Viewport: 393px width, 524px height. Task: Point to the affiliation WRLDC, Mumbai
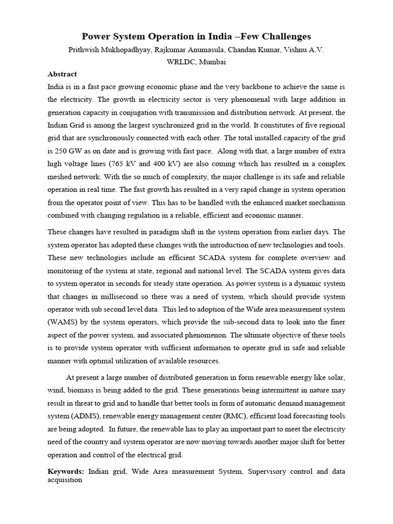click(x=196, y=62)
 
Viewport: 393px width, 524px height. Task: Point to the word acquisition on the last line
click(x=65, y=480)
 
